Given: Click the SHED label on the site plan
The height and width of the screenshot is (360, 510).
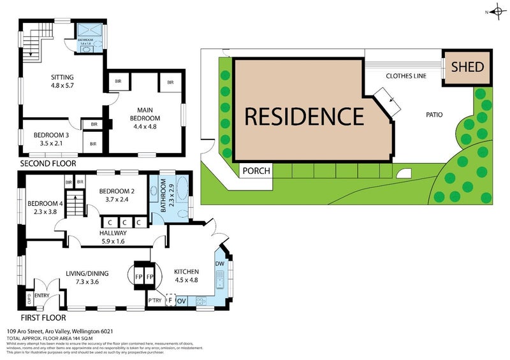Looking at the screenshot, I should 468,67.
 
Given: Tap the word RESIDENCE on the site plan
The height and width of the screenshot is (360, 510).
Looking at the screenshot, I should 304,117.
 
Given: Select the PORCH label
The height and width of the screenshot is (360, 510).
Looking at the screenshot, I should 256,171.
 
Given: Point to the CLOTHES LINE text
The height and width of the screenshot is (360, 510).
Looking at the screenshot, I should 407,75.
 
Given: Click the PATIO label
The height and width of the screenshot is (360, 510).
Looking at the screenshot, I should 434,115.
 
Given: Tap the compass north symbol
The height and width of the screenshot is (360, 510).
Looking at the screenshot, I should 496,11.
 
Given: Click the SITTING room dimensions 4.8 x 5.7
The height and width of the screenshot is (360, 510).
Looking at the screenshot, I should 62,90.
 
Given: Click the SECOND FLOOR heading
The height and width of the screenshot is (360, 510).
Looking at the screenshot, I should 48,164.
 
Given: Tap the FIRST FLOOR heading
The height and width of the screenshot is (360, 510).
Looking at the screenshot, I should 41,317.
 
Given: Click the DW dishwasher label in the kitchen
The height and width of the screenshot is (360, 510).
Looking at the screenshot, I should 219,264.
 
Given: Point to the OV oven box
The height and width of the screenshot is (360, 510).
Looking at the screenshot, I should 181,301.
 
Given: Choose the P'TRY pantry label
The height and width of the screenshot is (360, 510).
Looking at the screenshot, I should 154,301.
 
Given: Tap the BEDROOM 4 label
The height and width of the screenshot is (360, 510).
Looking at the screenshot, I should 42,204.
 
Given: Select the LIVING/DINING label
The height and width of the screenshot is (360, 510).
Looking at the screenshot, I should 87,273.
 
